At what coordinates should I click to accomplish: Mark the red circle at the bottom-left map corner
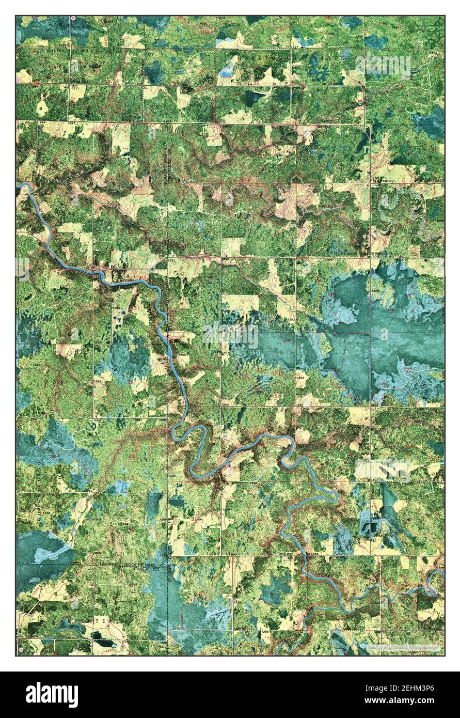[21, 649]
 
